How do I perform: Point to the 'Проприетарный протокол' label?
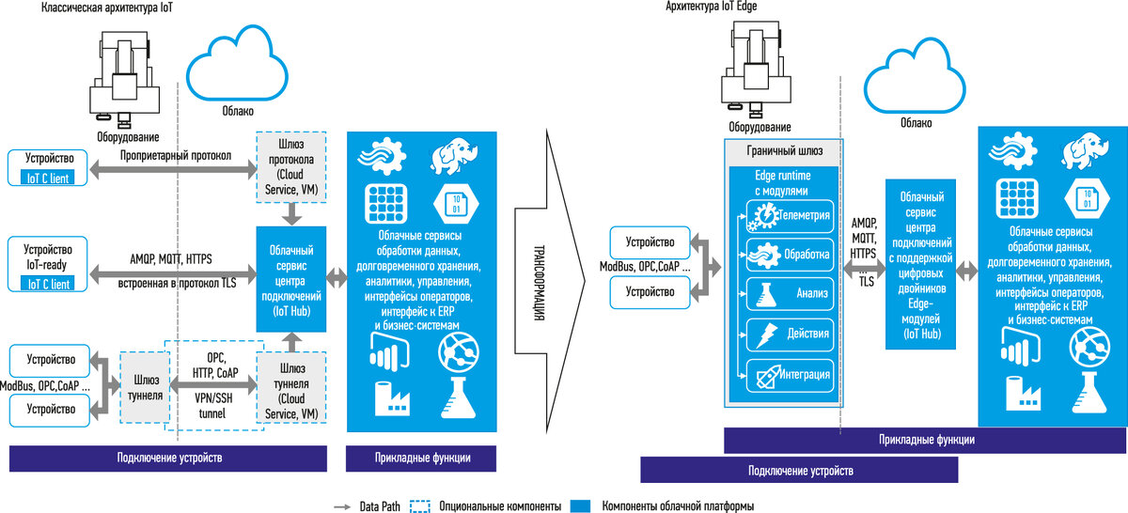click(x=176, y=155)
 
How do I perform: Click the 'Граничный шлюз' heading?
click(x=783, y=150)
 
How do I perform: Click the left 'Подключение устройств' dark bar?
click(x=168, y=458)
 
